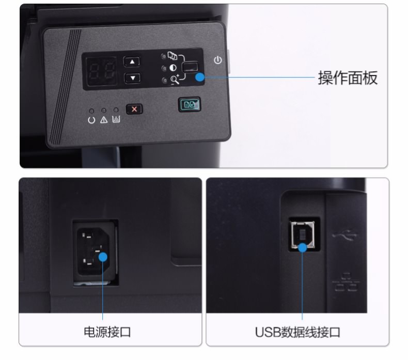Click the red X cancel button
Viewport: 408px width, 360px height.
[x=134, y=109]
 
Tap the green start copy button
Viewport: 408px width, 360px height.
[x=190, y=104]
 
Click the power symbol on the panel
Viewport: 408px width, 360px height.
[x=218, y=60]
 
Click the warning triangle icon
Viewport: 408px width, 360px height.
[x=104, y=119]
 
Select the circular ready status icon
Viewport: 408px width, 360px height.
[x=91, y=120]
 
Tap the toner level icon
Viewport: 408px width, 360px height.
[x=116, y=119]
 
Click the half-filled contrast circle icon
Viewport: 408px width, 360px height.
[x=173, y=68]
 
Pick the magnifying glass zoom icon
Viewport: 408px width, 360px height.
[x=175, y=79]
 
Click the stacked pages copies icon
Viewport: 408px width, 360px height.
[x=172, y=55]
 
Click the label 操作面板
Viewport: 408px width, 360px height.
[x=348, y=77]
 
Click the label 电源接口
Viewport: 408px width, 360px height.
[x=107, y=332]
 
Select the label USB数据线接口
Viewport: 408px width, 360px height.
[x=297, y=332]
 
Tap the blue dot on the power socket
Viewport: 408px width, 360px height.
[x=103, y=257]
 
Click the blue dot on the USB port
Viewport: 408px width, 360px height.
[x=302, y=247]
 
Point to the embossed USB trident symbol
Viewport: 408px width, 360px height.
[x=344, y=236]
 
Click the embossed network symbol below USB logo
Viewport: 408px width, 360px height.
[x=346, y=282]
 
